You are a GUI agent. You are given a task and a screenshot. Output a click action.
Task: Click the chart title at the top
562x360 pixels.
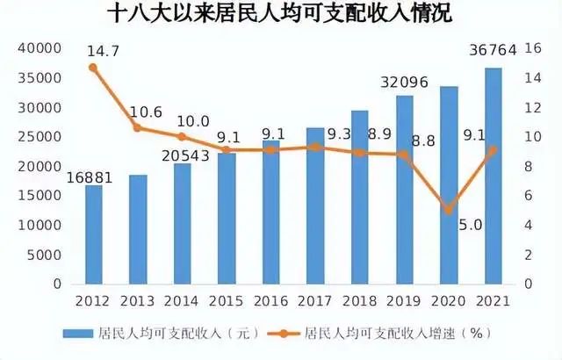coord(280,17)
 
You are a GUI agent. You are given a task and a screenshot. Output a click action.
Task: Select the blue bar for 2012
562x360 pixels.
coord(93,234)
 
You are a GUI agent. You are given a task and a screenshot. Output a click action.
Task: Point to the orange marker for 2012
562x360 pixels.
coord(93,68)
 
